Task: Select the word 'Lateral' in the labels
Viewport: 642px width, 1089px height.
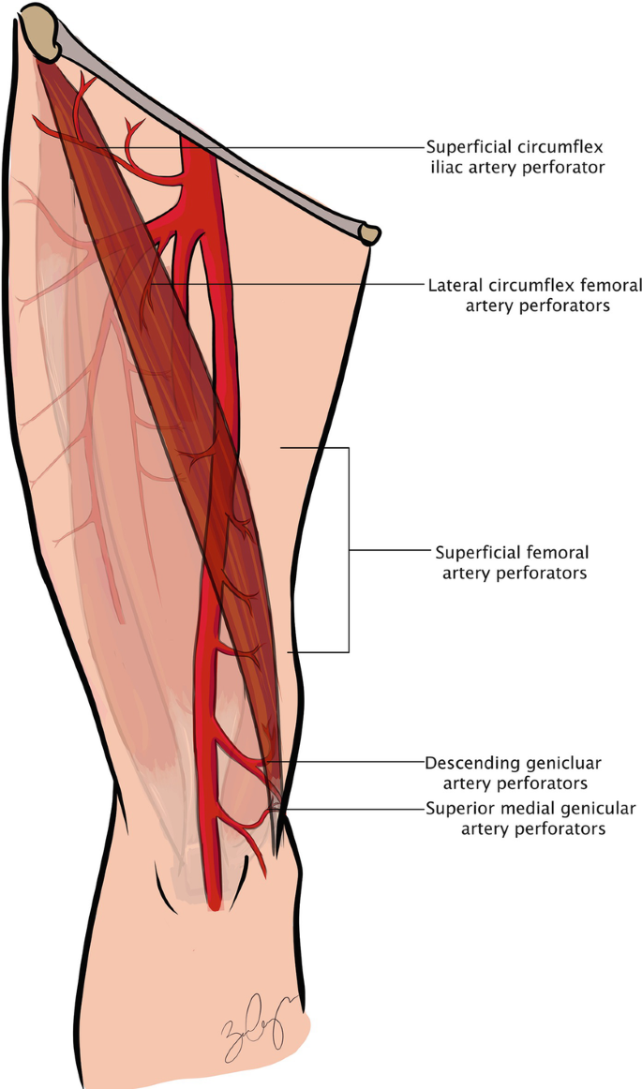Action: click(x=453, y=284)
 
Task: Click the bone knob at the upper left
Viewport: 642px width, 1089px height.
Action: click(x=42, y=23)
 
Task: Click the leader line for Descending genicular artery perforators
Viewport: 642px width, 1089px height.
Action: click(x=347, y=763)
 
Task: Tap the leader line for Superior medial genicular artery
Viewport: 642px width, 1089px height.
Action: click(x=347, y=809)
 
